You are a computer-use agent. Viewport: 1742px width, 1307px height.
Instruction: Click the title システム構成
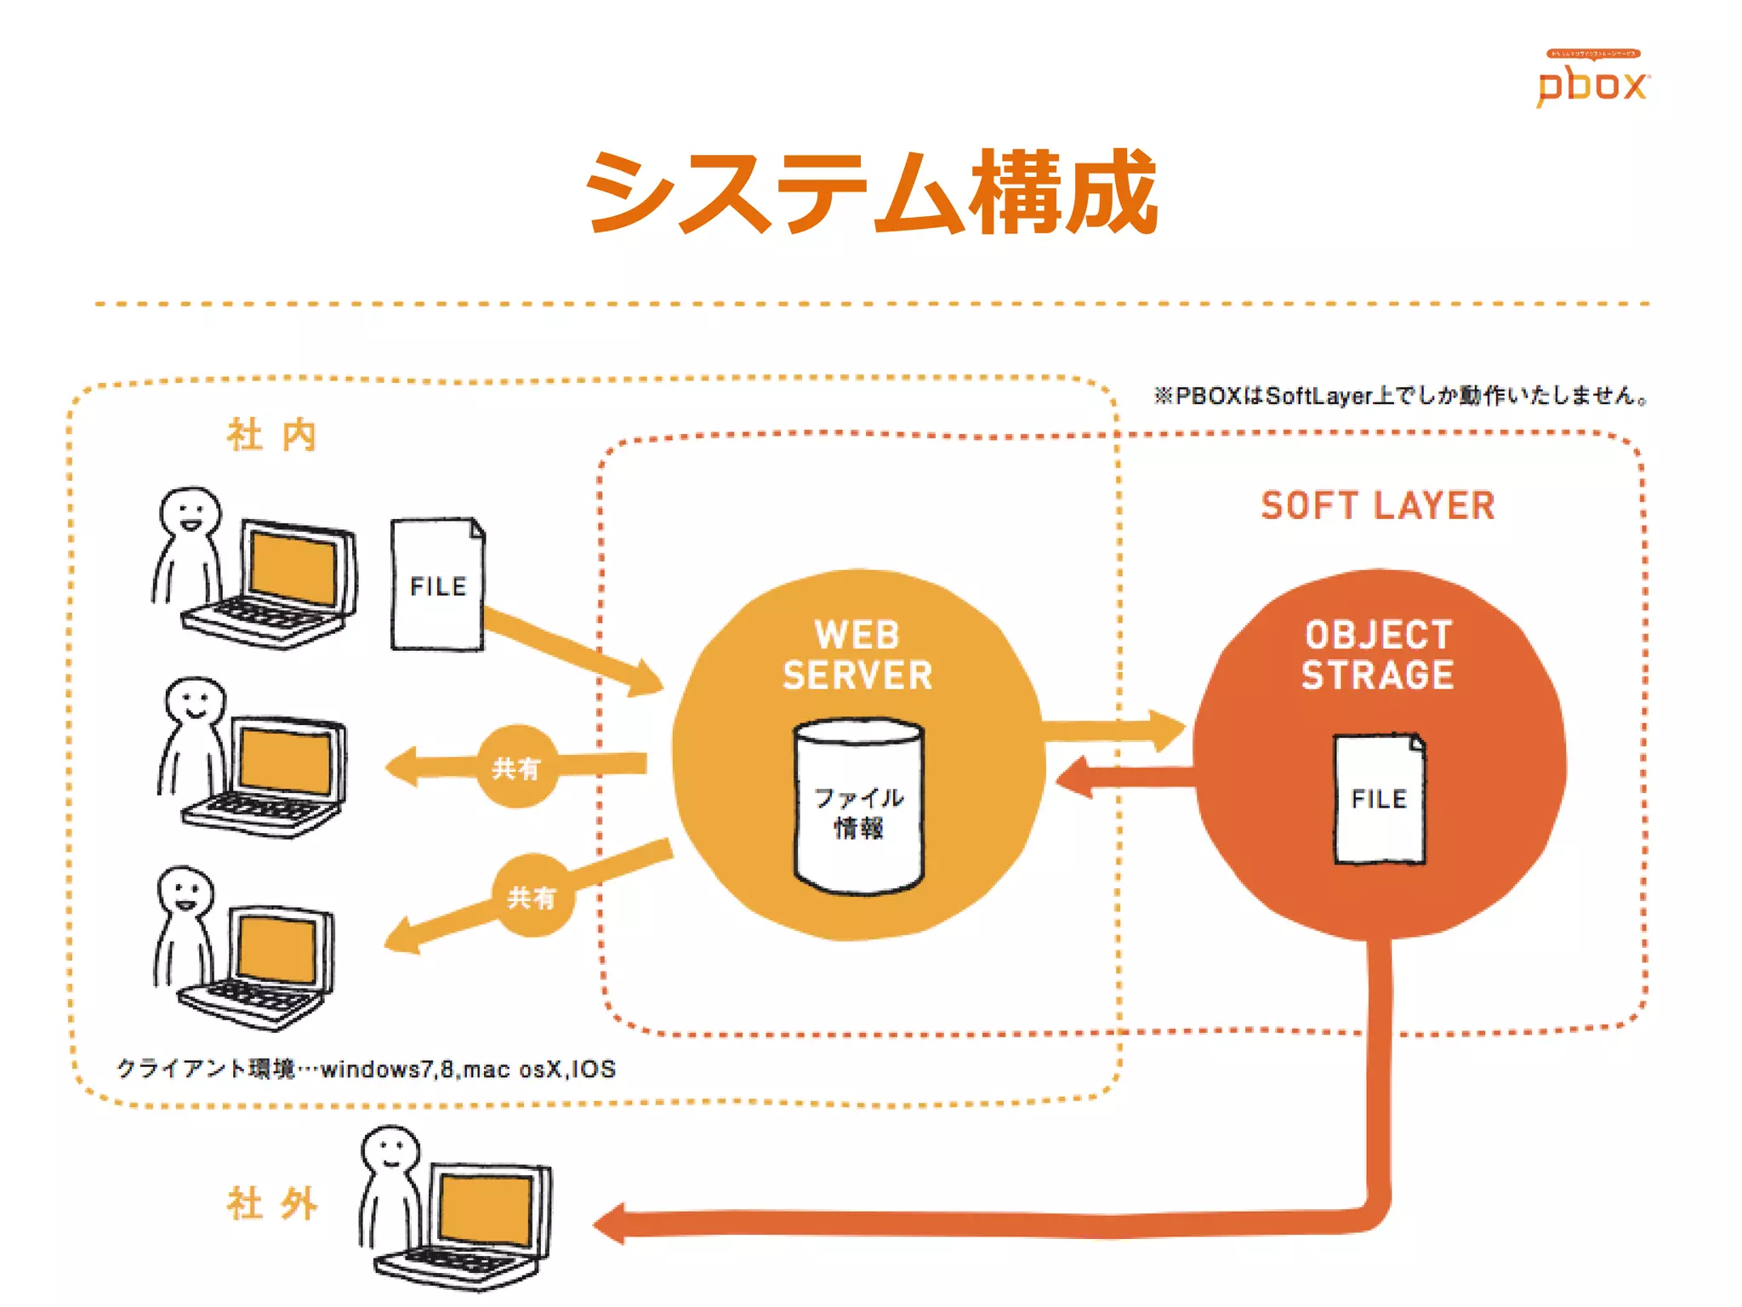click(871, 192)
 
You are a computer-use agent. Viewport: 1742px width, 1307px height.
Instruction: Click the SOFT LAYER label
click(1377, 505)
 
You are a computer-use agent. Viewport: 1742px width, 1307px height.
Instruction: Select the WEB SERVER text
click(857, 655)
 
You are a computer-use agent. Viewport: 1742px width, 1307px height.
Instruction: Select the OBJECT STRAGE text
click(1377, 655)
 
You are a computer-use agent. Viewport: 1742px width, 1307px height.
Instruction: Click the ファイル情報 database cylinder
click(858, 808)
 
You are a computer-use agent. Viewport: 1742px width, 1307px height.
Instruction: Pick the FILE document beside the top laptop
click(437, 585)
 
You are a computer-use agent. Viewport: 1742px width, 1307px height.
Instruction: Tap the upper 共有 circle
click(516, 768)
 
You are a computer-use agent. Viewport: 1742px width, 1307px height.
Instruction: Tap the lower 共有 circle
click(532, 896)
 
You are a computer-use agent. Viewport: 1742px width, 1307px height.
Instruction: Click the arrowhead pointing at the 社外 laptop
click(611, 1224)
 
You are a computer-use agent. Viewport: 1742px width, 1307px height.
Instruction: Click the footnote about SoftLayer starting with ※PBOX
click(1400, 396)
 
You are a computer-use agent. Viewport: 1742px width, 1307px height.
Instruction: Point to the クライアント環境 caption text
click(366, 1069)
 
